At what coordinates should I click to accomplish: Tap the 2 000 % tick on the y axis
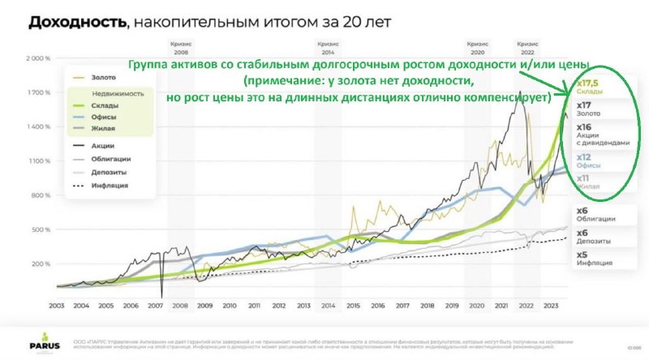tap(39, 59)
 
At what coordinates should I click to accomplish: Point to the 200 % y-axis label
tap(41, 264)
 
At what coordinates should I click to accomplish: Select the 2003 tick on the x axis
tap(56, 306)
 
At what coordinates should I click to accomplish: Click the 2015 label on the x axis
tap(352, 306)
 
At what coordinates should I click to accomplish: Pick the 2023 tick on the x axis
tap(551, 306)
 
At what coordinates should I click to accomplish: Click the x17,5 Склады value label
tap(589, 88)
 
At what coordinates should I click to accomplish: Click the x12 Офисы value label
tap(588, 161)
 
